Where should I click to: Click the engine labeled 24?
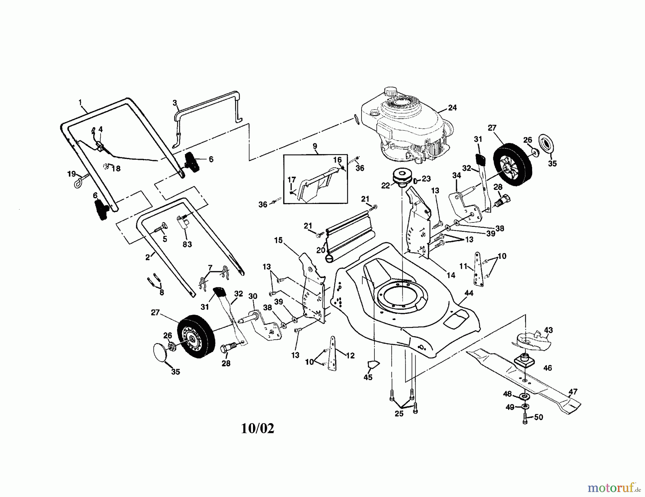point(405,125)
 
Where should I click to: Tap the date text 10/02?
point(257,428)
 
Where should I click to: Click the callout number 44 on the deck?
point(469,293)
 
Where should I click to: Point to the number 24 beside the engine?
point(453,107)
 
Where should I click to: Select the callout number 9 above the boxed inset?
point(315,146)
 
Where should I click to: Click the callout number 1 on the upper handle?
point(80,103)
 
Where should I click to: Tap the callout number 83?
point(187,244)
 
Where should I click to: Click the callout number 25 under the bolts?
point(399,414)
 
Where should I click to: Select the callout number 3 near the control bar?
point(175,103)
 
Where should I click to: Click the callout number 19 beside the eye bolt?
point(72,174)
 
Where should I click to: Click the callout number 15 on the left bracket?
point(278,240)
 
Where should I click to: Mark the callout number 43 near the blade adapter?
point(548,330)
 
